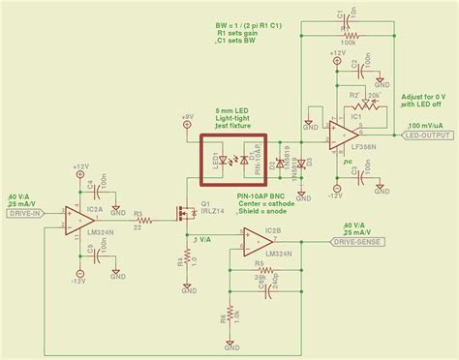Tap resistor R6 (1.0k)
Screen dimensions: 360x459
click(230, 316)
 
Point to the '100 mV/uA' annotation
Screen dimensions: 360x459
click(426, 126)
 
